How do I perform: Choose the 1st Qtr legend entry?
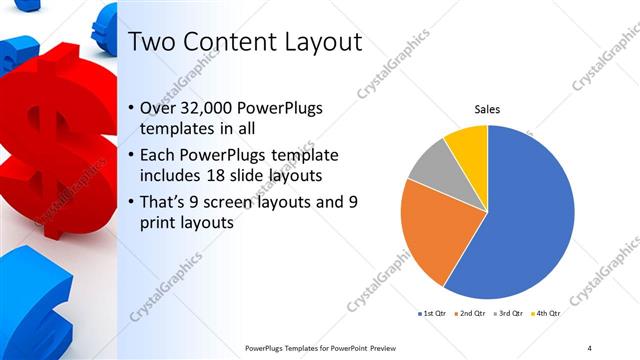433,314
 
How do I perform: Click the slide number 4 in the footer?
589,347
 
